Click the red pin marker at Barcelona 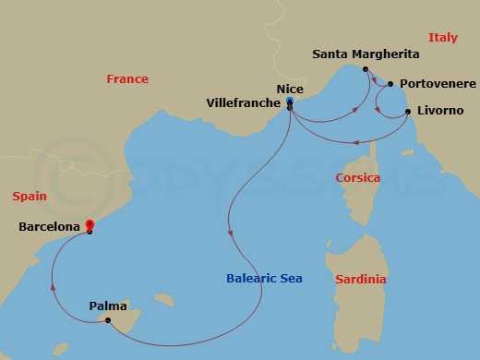90,224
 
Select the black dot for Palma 108,320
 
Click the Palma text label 109,304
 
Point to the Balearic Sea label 264,278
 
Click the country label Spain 30,196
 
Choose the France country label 127,79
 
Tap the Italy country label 444,37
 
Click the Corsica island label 358,177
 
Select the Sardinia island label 361,279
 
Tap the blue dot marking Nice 290,101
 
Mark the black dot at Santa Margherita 366,69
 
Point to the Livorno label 441,112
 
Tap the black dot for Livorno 408,113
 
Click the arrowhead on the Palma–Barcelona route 54,286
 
